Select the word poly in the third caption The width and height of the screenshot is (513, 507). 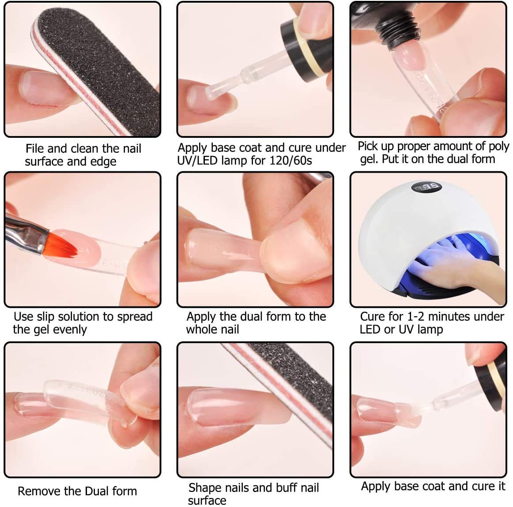coord(498,146)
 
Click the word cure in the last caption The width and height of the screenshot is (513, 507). coord(478,486)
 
